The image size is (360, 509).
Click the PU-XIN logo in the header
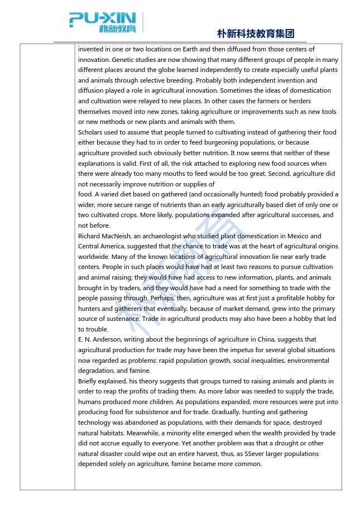103,22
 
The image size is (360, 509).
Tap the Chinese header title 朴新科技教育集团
256,33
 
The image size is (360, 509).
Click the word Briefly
89,381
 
